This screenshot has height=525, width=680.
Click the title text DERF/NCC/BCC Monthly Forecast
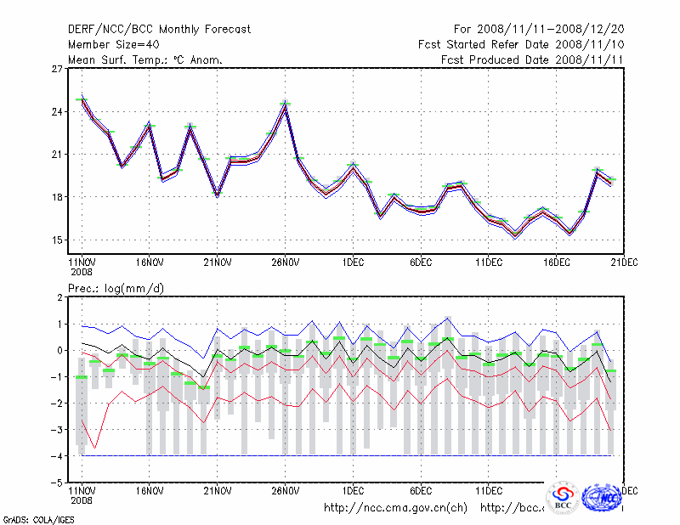[x=159, y=30]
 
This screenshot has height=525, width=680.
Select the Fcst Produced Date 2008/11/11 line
[x=533, y=60]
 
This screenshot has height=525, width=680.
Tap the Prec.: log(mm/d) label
[x=116, y=289]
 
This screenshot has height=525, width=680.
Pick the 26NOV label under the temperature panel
[x=285, y=262]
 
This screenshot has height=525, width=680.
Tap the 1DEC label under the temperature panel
[x=353, y=262]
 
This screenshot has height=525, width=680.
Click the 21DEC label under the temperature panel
[x=625, y=262]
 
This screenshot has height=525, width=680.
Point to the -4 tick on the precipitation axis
[x=57, y=456]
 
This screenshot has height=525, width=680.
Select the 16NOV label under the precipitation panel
[x=149, y=490]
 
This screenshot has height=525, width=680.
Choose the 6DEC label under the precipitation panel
[x=421, y=490]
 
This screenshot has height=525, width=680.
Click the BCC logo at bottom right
[x=563, y=498]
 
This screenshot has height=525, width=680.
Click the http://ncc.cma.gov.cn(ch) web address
[x=395, y=508]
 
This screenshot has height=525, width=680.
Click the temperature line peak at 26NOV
[x=285, y=104]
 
